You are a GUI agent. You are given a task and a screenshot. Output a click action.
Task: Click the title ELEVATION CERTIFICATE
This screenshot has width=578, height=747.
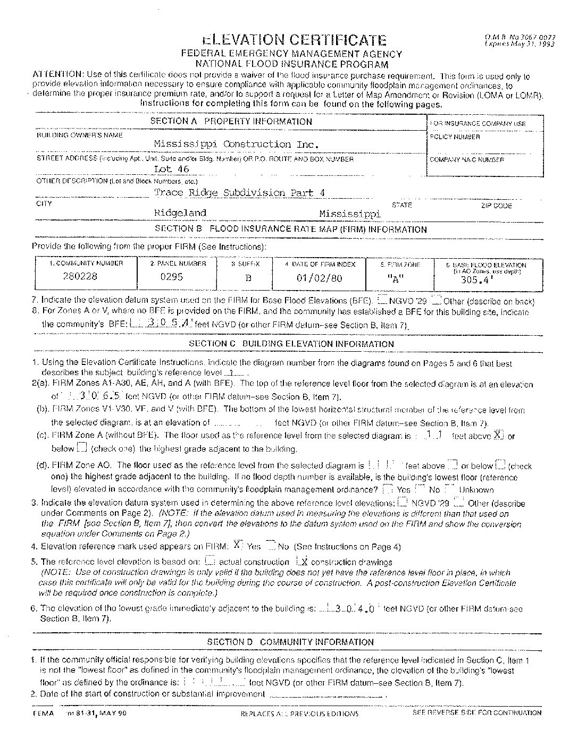pyautogui.click(x=294, y=40)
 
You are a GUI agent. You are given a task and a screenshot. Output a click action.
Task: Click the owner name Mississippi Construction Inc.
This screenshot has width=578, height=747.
pyautogui.click(x=236, y=144)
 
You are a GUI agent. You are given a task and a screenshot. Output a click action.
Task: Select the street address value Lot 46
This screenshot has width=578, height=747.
pyautogui.click(x=171, y=169)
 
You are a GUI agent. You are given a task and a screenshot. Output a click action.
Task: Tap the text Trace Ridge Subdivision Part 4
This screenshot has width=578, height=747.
pyautogui.click(x=239, y=192)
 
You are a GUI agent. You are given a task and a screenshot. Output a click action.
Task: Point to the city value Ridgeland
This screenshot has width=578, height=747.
pyautogui.click(x=180, y=213)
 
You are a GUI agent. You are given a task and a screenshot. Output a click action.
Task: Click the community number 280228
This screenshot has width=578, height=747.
pyautogui.click(x=80, y=276)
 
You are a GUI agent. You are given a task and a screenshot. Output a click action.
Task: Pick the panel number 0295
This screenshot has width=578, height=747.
pyautogui.click(x=171, y=277)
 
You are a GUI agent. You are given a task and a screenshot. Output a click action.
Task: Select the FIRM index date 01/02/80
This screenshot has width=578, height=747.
pyautogui.click(x=319, y=278)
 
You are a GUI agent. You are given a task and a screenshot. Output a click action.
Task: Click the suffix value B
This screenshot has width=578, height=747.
pyautogui.click(x=248, y=278)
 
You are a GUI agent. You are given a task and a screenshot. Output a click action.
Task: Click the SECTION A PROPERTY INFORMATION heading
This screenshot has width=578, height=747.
pyautogui.click(x=231, y=121)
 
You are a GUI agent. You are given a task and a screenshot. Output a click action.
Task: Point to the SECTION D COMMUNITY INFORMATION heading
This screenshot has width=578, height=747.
pyautogui.click(x=290, y=642)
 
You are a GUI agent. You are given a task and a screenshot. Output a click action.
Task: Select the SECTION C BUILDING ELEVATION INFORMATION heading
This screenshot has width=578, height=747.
pyautogui.click(x=291, y=344)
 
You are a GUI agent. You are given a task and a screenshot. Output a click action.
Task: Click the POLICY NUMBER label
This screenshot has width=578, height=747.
pyautogui.click(x=455, y=137)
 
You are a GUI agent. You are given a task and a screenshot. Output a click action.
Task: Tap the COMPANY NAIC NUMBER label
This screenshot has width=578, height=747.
pyautogui.click(x=466, y=159)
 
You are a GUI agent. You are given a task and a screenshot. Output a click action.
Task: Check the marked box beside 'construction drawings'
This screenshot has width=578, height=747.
pyautogui.click(x=303, y=561)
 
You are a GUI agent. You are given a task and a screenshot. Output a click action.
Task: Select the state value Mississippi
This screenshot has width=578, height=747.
pyautogui.click(x=350, y=214)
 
